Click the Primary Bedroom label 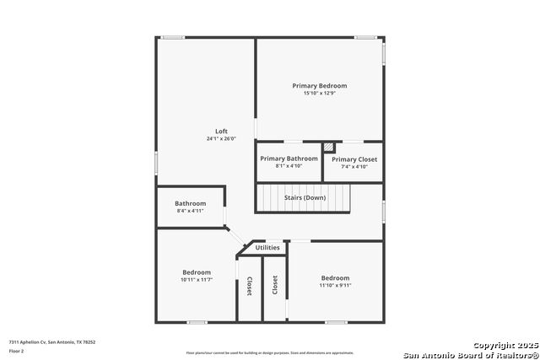[x=319, y=86]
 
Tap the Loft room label [x=221, y=131]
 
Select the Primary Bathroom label [x=289, y=159]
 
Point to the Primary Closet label [x=354, y=159]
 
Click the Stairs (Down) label [x=305, y=197]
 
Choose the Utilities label [x=267, y=247]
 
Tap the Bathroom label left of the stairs [x=190, y=203]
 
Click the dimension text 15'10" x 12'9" [x=319, y=93]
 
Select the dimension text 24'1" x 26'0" [x=221, y=138]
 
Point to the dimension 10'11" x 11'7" [x=197, y=279]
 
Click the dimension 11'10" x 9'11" [x=335, y=285]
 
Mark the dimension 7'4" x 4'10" [x=354, y=166]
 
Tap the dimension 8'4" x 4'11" [x=190, y=210]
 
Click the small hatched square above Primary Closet [x=329, y=146]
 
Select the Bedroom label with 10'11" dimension [x=197, y=271]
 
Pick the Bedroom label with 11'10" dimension [x=335, y=277]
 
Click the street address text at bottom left [x=52, y=341]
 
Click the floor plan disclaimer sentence [x=269, y=352]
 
